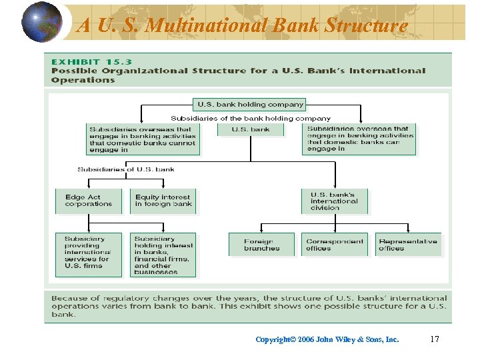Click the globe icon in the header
pos(41,22)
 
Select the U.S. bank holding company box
pos(250,104)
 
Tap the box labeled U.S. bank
pos(251,129)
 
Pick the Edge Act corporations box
pos(88,201)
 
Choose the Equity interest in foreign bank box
pos(163,201)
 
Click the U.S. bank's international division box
pos(334,201)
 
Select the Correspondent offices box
pos(335,245)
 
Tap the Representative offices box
pos(408,245)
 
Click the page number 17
pos(435,339)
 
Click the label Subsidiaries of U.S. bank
pos(126,169)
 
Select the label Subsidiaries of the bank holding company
pos(251,119)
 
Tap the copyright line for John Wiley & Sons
pos(327,339)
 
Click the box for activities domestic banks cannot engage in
pos(143,139)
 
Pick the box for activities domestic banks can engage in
pos(360,139)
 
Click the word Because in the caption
pos(73,298)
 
